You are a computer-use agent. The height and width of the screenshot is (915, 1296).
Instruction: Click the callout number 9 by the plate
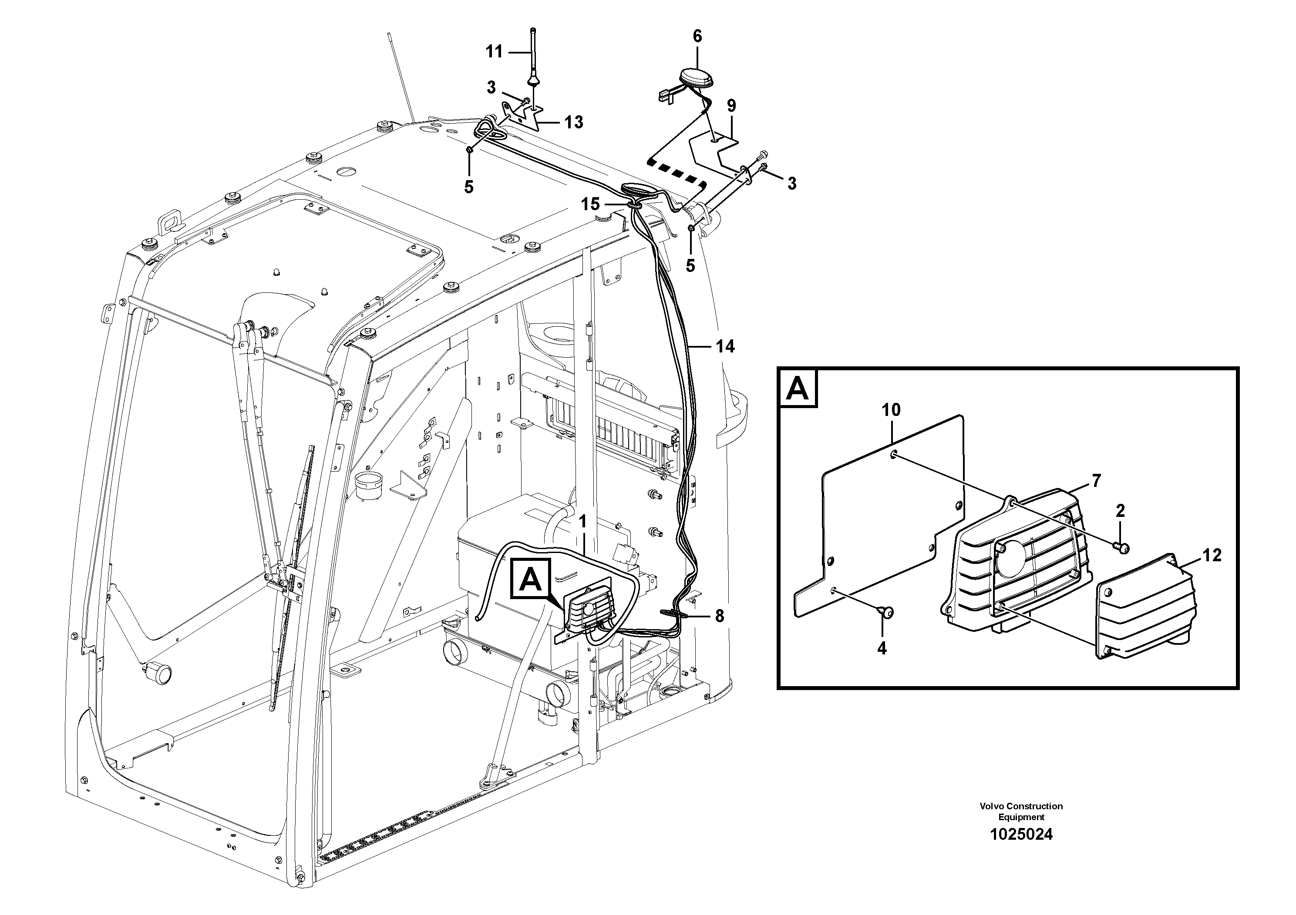pyautogui.click(x=731, y=105)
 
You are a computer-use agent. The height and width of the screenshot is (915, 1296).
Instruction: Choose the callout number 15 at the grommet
pyautogui.click(x=590, y=204)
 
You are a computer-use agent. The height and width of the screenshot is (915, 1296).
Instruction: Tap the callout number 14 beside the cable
pyautogui.click(x=725, y=346)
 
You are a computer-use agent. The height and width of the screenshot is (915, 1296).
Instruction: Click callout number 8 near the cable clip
pyautogui.click(x=719, y=617)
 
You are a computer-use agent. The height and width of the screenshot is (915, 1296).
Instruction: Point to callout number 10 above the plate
pyautogui.click(x=891, y=410)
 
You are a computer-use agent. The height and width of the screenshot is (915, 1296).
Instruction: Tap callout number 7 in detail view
pyautogui.click(x=1096, y=481)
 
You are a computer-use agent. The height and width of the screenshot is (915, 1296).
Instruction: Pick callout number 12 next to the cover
pyautogui.click(x=1212, y=555)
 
